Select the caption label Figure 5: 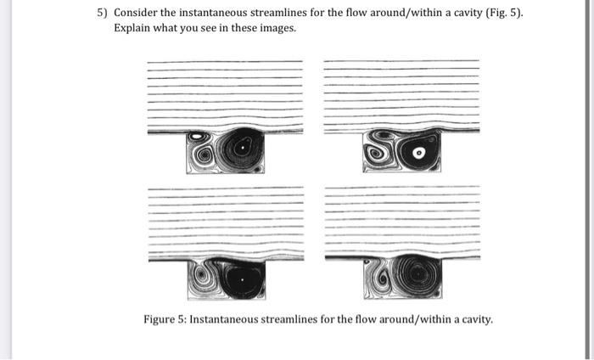pyautogui.click(x=165, y=319)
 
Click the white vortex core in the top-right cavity pyautogui.click(x=419, y=153)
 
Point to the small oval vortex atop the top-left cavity pyautogui.click(x=197, y=136)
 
